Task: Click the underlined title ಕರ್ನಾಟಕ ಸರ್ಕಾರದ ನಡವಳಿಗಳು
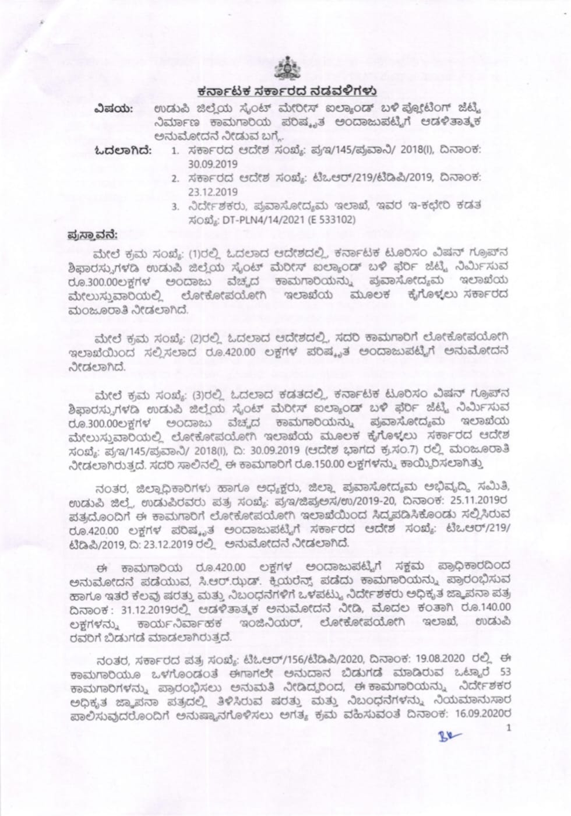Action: [285, 92]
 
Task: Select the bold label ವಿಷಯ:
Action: [115, 110]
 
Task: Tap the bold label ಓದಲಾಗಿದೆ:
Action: [124, 151]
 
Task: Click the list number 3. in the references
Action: [174, 206]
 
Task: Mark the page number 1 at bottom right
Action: [509, 727]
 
